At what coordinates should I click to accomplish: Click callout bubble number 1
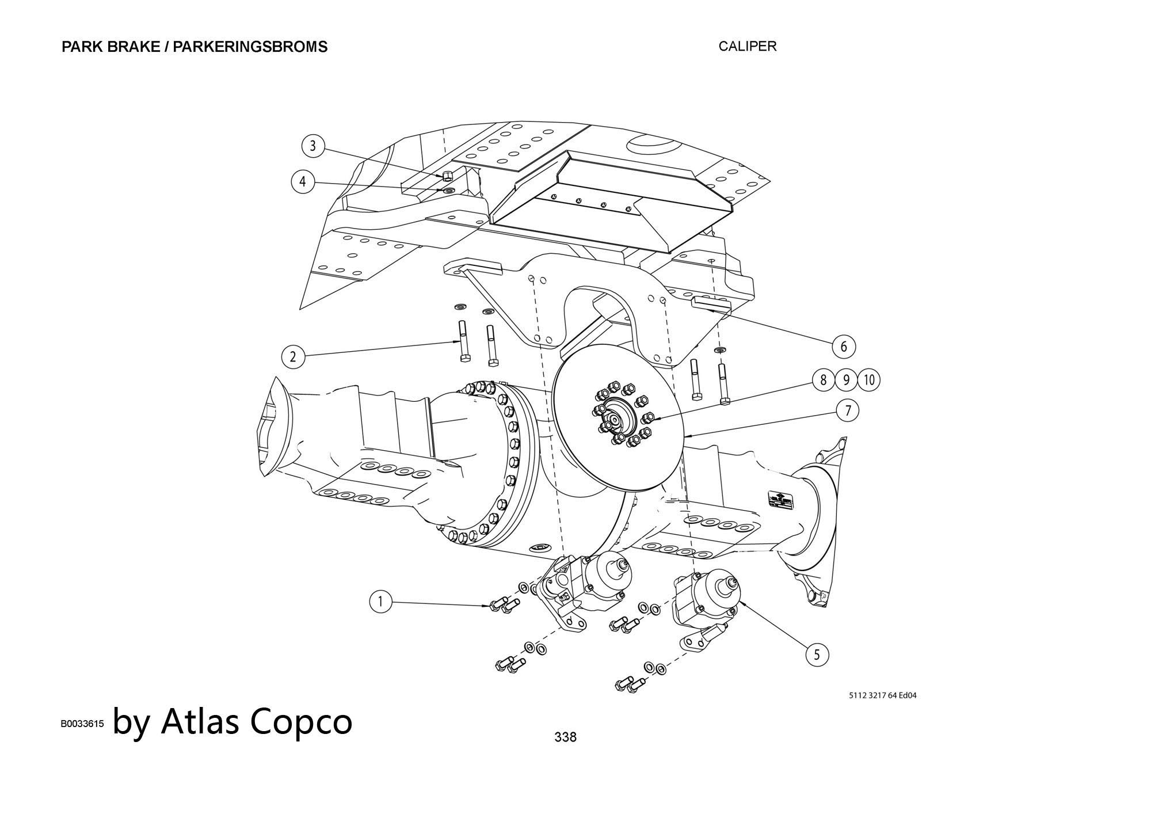click(x=380, y=602)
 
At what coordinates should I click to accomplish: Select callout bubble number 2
click(x=293, y=357)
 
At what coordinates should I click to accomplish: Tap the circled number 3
click(x=313, y=146)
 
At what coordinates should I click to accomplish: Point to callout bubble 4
click(x=303, y=182)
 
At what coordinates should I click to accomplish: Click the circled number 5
click(x=817, y=655)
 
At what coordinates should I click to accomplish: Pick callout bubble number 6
click(x=844, y=347)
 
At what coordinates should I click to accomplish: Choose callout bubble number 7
click(x=848, y=411)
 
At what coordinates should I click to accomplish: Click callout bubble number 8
click(x=824, y=380)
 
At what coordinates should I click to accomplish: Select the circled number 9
click(x=846, y=380)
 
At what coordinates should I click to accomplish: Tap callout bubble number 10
click(x=869, y=380)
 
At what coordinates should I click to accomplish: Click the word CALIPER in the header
click(x=747, y=47)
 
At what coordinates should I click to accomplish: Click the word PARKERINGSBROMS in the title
click(x=250, y=47)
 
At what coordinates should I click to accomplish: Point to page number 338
click(x=565, y=736)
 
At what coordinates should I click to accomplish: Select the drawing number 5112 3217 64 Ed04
click(x=882, y=695)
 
